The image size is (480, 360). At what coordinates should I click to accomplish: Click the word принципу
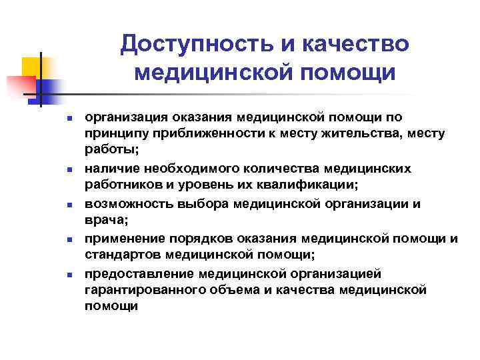[x=115, y=133]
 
